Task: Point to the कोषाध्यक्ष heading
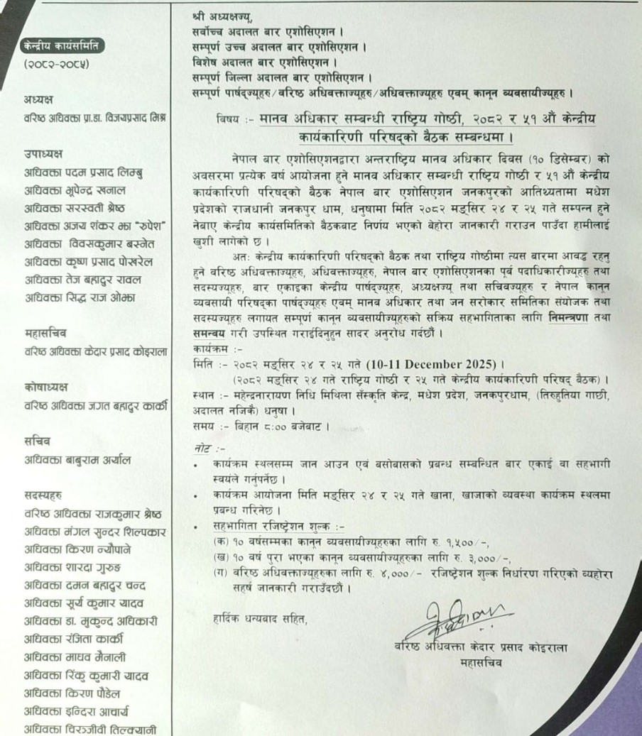[47, 387]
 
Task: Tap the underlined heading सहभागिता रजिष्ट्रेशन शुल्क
[273, 527]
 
